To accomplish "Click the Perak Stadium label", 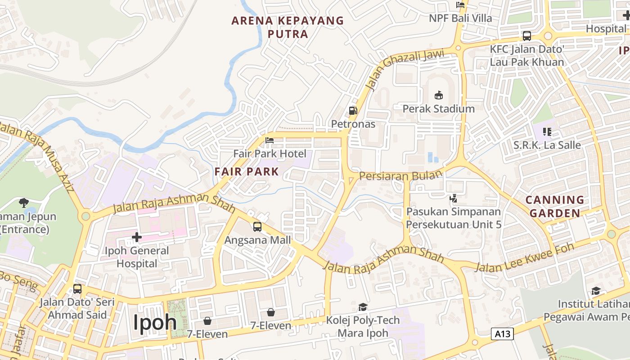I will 438,109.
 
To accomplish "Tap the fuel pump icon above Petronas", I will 353,111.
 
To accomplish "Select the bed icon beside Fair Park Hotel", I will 270,141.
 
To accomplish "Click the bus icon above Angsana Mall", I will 257,227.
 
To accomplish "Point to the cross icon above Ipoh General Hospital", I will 137,237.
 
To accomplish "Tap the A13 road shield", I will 502,334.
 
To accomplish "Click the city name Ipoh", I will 155,323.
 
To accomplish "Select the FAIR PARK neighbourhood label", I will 247,171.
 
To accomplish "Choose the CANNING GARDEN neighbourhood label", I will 555,207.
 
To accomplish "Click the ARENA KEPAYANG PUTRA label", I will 288,27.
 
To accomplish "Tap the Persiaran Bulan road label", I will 398,176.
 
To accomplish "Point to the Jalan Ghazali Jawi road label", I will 405,69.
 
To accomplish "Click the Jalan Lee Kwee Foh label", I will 525,258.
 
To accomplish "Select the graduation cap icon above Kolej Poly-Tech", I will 363,307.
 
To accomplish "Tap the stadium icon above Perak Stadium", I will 438,95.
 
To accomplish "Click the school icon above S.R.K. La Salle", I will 547,132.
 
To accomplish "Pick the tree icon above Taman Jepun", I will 24,203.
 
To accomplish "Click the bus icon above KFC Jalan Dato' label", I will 526,36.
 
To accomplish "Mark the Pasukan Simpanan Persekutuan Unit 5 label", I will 454,218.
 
